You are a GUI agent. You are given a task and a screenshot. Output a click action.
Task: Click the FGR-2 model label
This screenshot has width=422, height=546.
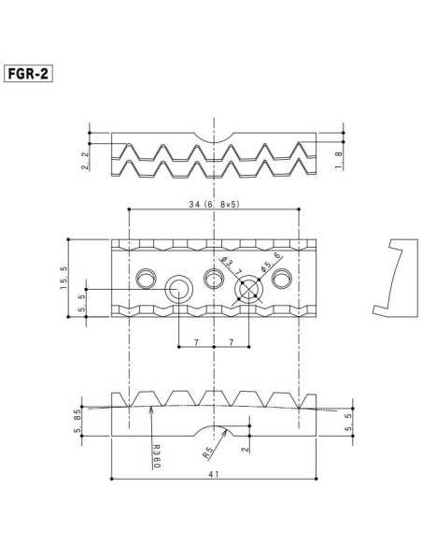28,73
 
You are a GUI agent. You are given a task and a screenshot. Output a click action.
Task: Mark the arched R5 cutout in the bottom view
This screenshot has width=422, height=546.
215,429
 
